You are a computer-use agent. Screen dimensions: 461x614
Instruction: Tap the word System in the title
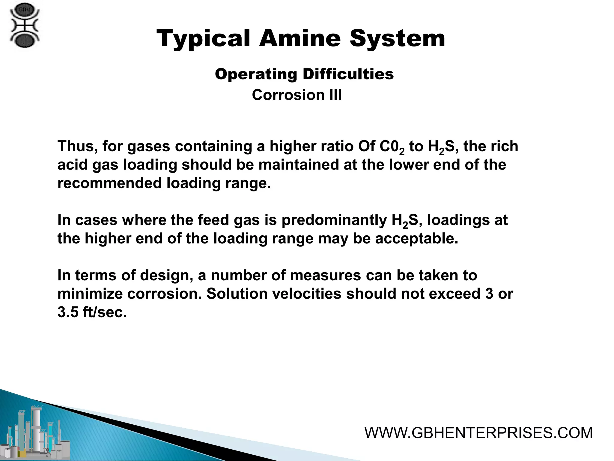397,39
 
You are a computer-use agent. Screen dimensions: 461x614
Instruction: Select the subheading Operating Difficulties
304,74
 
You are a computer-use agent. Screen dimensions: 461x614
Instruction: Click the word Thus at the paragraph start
76,146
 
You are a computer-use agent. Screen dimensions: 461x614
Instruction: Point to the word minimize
90,294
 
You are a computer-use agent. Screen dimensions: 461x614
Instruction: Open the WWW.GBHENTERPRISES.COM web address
478,433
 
